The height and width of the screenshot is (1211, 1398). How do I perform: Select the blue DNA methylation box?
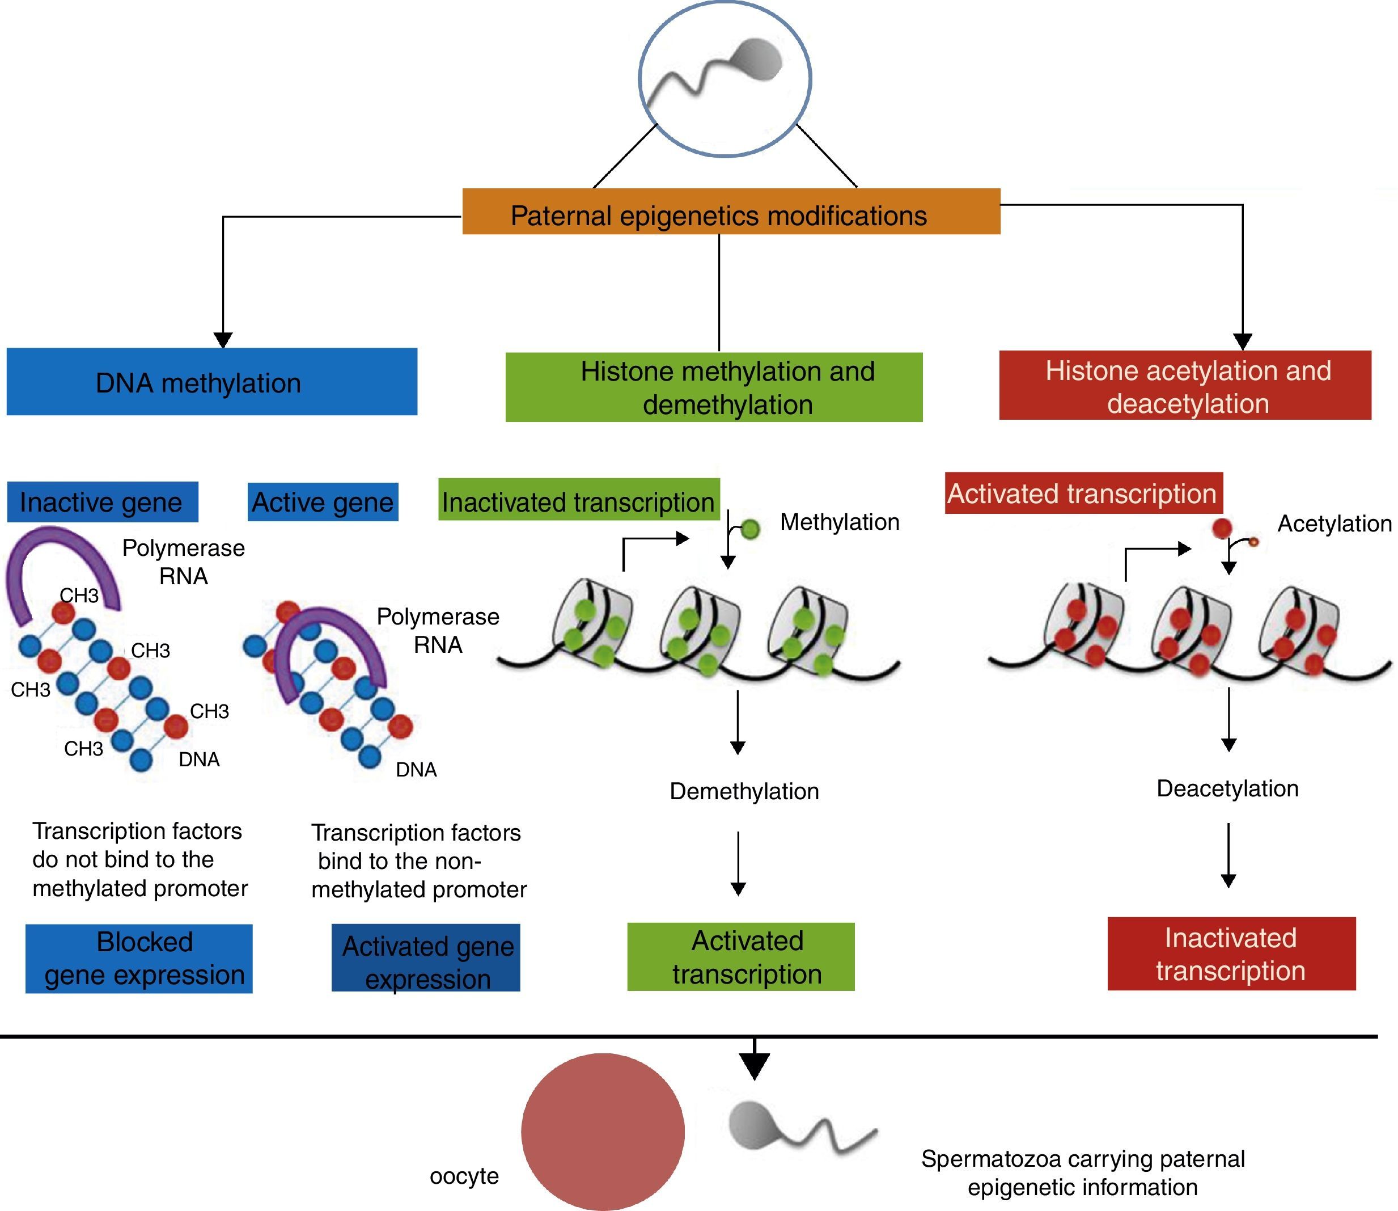tap(211, 382)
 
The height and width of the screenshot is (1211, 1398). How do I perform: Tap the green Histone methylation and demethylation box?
tap(714, 387)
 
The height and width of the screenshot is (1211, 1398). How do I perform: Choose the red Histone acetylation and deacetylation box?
tap(1185, 385)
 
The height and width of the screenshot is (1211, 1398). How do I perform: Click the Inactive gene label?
tap(102, 502)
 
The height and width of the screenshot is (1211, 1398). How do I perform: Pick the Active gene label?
tap(323, 502)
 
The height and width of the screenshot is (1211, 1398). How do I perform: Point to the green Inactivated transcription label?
tap(578, 500)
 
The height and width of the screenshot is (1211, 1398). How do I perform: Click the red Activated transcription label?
tap(1083, 493)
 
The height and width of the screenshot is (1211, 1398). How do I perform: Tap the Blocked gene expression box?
tap(139, 958)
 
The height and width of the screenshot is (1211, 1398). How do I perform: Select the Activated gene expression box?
tap(426, 957)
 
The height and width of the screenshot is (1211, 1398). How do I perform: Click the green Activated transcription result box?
tap(740, 957)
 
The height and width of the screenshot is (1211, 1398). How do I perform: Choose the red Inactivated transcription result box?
tap(1231, 953)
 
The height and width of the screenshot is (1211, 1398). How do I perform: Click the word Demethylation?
tap(744, 791)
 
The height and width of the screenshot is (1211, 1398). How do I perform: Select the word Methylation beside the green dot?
tap(840, 522)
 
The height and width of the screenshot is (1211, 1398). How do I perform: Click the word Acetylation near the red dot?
tap(1334, 524)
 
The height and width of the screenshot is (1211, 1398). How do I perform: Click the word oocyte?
tap(464, 1176)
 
